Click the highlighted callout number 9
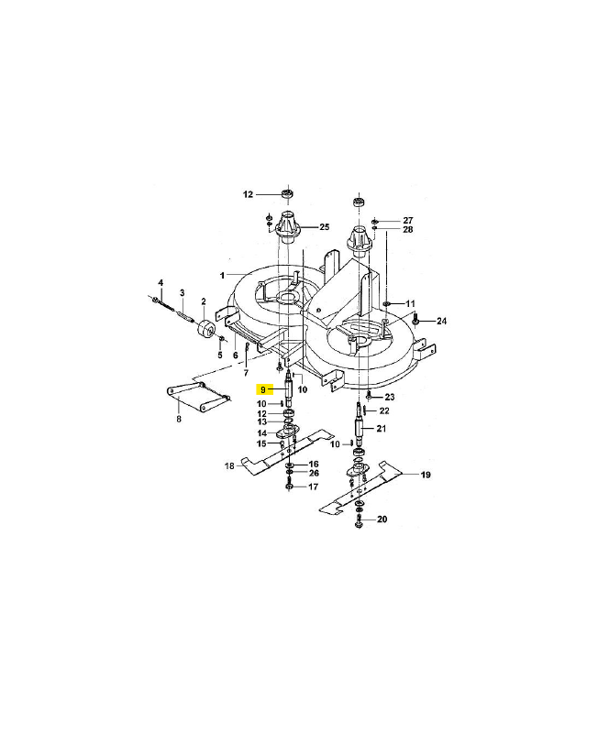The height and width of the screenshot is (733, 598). tap(263, 389)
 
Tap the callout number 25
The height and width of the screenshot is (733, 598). tap(325, 227)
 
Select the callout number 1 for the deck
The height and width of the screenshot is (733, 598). tap(222, 276)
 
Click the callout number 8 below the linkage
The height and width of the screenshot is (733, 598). tap(179, 419)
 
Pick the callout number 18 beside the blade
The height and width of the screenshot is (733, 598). tap(229, 466)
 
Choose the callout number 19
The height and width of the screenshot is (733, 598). tap(426, 475)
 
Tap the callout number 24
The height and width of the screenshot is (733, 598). tap(441, 322)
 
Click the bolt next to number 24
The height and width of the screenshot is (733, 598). tap(415, 320)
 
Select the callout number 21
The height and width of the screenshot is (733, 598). tap(382, 428)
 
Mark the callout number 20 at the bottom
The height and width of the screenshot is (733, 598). tap(382, 520)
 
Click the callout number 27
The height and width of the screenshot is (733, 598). tap(408, 220)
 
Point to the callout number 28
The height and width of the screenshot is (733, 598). tap(408, 230)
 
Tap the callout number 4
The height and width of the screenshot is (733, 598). tap(161, 283)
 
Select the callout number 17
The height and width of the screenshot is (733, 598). tap(313, 487)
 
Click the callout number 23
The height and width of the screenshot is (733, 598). tap(389, 397)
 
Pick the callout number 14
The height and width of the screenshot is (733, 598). tap(262, 433)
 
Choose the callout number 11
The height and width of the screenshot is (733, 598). tap(410, 304)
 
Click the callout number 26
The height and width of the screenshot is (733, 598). tap(314, 473)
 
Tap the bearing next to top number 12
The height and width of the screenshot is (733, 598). tap(287, 193)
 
